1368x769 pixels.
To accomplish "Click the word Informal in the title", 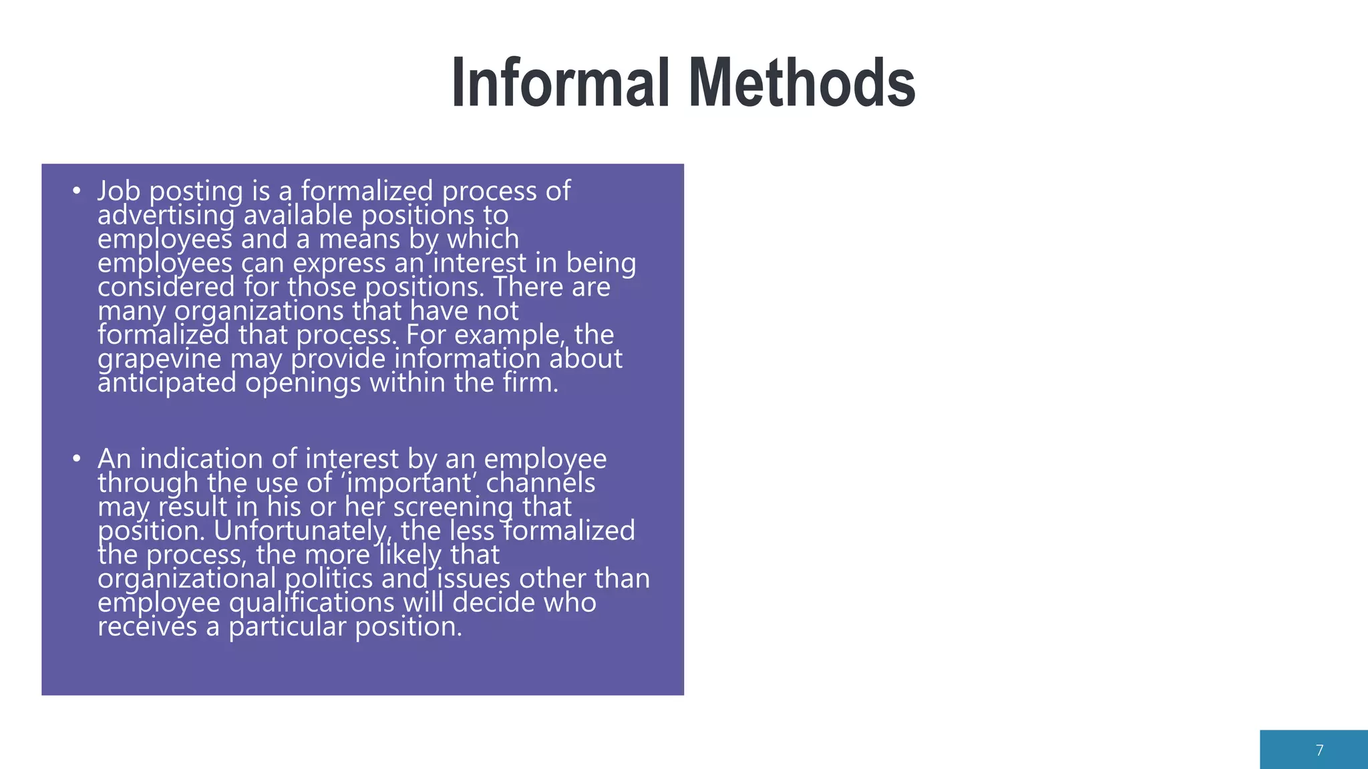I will [x=560, y=83].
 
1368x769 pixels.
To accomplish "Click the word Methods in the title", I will [x=802, y=83].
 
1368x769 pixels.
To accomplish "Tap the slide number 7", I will [x=1319, y=750].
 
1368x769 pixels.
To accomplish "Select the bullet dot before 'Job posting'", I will [x=77, y=192].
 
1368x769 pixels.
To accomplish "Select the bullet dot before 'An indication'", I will [x=77, y=459].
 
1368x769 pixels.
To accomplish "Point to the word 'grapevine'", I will [x=159, y=360].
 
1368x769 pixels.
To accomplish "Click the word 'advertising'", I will [x=166, y=216].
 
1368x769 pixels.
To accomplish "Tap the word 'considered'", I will [x=166, y=288].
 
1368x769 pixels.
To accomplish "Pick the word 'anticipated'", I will [x=167, y=383].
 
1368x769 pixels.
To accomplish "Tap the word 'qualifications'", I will [x=312, y=603].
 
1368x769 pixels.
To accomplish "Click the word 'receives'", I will [x=147, y=627].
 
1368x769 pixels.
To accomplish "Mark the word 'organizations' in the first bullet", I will [x=259, y=312].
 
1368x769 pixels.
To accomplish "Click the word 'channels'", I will [x=540, y=483].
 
